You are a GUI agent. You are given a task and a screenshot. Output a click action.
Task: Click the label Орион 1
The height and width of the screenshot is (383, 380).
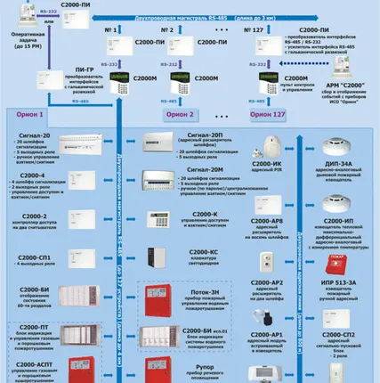(x=28, y=116)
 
